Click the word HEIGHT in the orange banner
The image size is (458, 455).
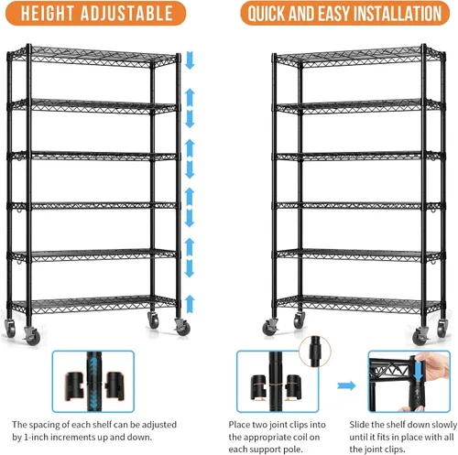pyautogui.click(x=47, y=14)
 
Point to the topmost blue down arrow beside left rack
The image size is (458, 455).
pyautogui.click(x=190, y=60)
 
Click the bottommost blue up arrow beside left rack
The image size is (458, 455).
pyautogui.click(x=190, y=304)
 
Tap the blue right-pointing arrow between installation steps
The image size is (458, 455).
pyautogui.click(x=346, y=385)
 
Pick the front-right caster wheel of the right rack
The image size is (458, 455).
pyautogui.click(x=420, y=336)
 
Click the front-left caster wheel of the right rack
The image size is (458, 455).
pyautogui.click(x=270, y=327)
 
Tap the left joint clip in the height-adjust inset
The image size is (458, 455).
pyautogui.click(x=74, y=385)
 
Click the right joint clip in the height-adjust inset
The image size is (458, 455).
pyautogui.click(x=114, y=385)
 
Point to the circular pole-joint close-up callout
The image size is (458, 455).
pyautogui.click(x=315, y=351)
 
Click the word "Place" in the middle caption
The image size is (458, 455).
pyautogui.click(x=238, y=425)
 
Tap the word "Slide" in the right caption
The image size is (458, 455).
pyautogui.click(x=359, y=425)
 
